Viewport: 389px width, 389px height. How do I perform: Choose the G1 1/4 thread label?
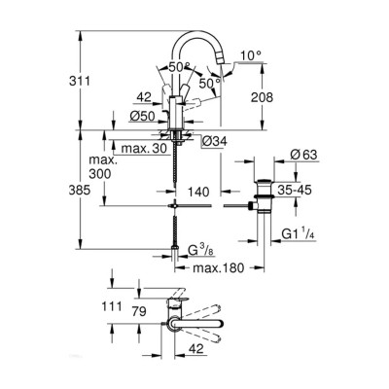(x=304, y=233)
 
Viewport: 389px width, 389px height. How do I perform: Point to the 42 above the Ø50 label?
(x=145, y=96)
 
